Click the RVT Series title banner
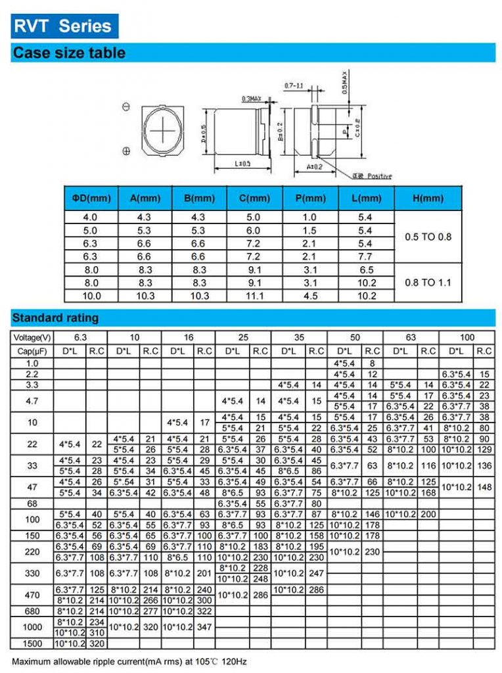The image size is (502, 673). pos(63,26)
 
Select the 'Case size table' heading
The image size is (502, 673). pos(69,53)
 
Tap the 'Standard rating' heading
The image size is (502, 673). pos(55,318)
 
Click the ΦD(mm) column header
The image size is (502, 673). pos(91,198)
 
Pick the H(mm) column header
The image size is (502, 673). pos(428,198)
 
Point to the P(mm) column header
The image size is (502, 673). pos(310,198)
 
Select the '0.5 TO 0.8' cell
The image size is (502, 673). pos(428,237)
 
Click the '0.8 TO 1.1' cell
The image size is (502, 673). pos(428,283)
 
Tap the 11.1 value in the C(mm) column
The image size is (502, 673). pos(254,296)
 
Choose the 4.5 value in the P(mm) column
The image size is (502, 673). pos(310,296)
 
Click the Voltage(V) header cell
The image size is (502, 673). pos(32,337)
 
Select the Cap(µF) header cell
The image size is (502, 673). pos(32,351)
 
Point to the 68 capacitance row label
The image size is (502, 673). pos(32,503)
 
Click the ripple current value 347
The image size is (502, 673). pos(205,626)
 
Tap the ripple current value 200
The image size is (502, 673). pos(428,513)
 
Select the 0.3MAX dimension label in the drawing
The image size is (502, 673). pos(251,99)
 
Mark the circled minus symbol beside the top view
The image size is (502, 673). pos(126,106)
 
